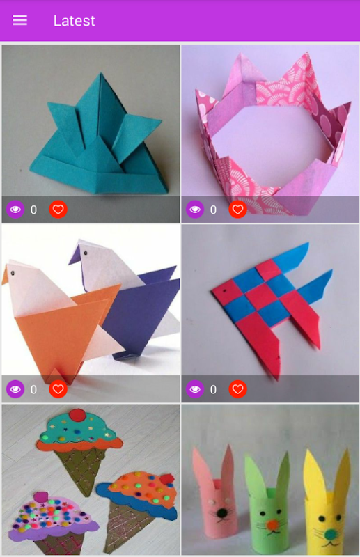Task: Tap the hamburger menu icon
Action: tap(20, 21)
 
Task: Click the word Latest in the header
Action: tap(74, 21)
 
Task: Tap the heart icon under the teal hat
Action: tap(58, 210)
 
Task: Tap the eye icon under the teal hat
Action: tap(15, 210)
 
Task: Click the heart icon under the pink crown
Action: tap(237, 210)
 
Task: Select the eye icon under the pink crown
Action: tap(195, 210)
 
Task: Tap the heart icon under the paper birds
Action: tap(58, 389)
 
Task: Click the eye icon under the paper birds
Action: tap(15, 389)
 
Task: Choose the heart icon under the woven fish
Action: tap(237, 389)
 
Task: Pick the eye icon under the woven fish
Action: tap(195, 389)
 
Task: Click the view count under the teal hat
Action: tap(33, 210)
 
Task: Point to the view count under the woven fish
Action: tap(213, 390)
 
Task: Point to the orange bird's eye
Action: tap(13, 273)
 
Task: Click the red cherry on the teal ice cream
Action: tap(77, 415)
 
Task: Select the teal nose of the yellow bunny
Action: tap(330, 533)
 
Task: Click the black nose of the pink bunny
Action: tap(222, 512)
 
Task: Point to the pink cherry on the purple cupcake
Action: tap(41, 496)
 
